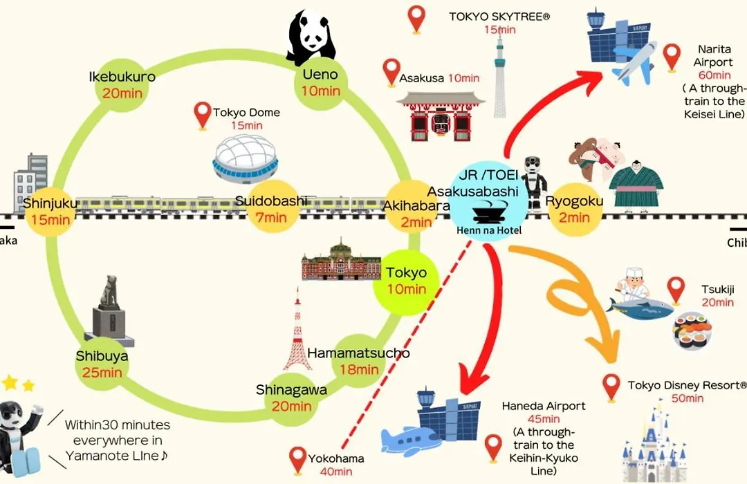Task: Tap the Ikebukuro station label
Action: click(122, 77)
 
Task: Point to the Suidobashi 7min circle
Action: click(270, 209)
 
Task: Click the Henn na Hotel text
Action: click(489, 230)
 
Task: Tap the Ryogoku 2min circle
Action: click(574, 210)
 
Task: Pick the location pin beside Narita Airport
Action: click(671, 57)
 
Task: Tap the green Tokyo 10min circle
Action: click(406, 281)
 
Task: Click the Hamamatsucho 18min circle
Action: click(358, 361)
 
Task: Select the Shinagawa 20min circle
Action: click(291, 398)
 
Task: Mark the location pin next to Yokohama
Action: click(298, 459)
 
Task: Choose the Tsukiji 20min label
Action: click(717, 295)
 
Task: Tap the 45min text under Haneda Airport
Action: click(544, 418)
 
